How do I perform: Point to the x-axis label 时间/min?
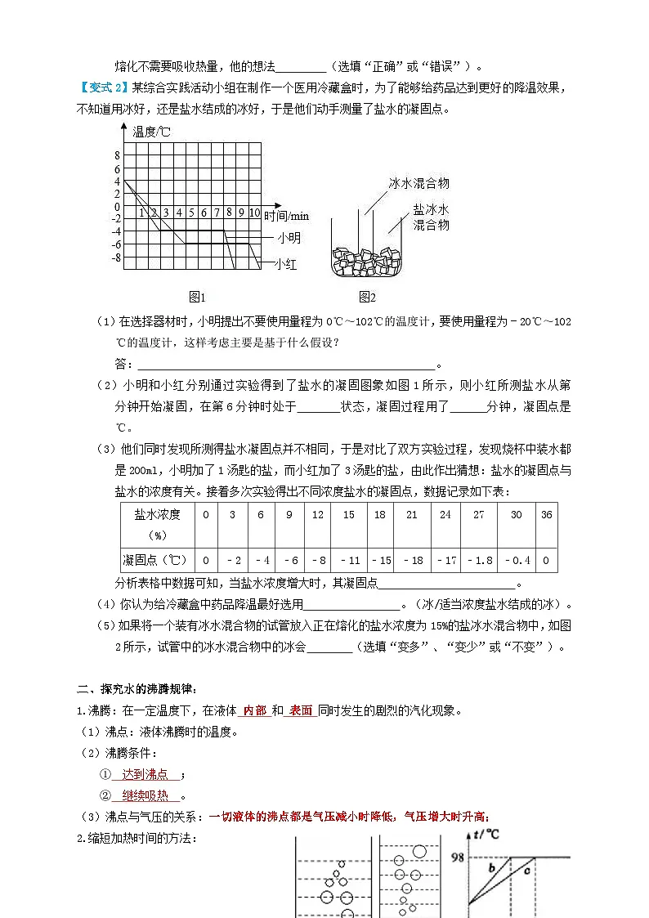(286, 215)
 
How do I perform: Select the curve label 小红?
(285, 264)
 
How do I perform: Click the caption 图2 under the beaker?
(367, 296)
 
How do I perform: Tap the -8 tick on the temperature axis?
(115, 257)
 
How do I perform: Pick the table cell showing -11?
(348, 560)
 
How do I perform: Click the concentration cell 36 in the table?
(547, 514)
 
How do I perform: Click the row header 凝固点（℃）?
(154, 560)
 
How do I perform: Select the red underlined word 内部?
(255, 710)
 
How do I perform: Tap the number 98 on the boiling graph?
(459, 858)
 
